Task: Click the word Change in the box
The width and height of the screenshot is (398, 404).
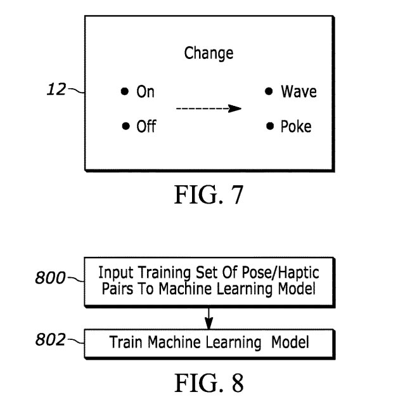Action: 209,53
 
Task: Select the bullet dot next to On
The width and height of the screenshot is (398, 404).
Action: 125,92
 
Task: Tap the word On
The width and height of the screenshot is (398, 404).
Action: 145,93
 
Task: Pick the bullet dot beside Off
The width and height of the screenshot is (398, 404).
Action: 125,126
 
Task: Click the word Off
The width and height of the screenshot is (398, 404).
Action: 146,127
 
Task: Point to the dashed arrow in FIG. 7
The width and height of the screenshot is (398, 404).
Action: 209,108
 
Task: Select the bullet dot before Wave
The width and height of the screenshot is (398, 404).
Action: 269,92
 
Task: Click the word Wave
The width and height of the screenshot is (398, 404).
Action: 299,93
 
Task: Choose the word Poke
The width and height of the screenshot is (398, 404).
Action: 296,127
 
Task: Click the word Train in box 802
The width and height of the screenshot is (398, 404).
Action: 125,343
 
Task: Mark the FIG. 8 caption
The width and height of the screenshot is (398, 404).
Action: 209,382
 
